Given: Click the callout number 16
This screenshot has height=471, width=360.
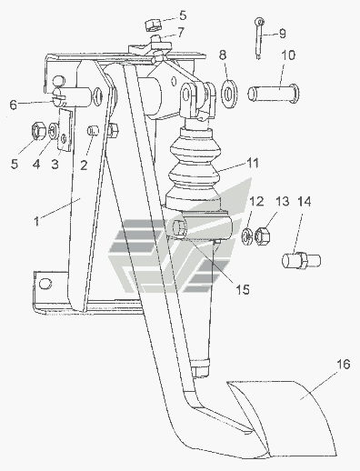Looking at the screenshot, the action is (x=343, y=364).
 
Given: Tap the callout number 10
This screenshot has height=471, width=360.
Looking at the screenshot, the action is (x=288, y=55).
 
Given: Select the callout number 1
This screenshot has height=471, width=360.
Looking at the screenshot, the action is (x=36, y=222).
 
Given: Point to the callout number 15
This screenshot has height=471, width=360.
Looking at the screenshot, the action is (x=243, y=290).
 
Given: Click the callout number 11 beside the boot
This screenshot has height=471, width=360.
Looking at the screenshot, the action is (x=253, y=163).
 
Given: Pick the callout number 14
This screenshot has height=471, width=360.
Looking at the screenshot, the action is (x=304, y=201).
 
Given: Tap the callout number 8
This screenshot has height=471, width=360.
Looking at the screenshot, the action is (x=223, y=55).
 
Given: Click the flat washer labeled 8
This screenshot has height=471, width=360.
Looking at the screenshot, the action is (x=230, y=94).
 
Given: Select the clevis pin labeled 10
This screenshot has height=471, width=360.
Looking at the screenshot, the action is (x=274, y=93).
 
